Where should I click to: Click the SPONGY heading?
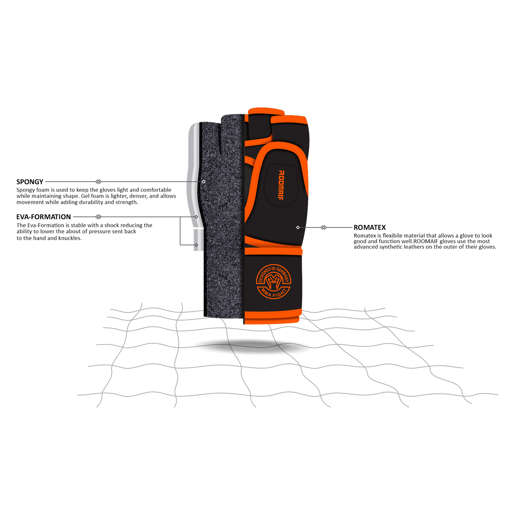[30, 182]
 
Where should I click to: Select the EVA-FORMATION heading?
[44, 217]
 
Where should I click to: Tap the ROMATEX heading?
[370, 227]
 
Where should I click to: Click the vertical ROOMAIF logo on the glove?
[281, 185]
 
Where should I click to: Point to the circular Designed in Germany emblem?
[274, 282]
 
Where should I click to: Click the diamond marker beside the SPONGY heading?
[99, 182]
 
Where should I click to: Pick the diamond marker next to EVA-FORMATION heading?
[99, 217]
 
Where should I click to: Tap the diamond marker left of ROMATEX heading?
[323, 227]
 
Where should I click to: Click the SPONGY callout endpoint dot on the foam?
[204, 182]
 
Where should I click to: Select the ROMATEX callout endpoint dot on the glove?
[298, 227]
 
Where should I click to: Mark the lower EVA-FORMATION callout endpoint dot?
[196, 245]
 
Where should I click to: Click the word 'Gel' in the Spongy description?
[85, 196]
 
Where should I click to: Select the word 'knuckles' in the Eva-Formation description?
[70, 238]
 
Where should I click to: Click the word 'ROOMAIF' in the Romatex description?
[426, 241]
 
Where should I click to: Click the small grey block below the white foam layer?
[198, 240]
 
